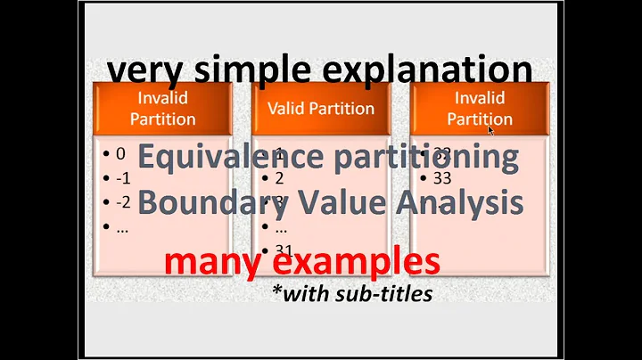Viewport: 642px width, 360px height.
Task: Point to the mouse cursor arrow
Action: (490, 130)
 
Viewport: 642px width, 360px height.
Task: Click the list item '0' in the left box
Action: (120, 154)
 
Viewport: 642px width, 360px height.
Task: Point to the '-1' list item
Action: (122, 178)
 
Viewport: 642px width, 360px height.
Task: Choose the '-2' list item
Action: (123, 202)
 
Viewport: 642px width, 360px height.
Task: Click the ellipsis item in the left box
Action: (121, 226)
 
